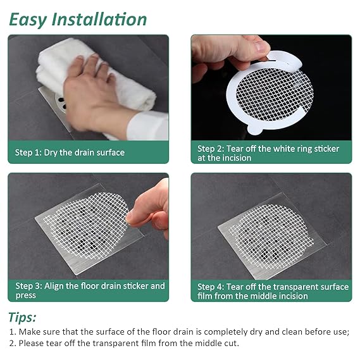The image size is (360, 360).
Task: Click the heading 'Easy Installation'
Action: click(x=78, y=20)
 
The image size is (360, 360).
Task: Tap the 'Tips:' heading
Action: click(x=22, y=318)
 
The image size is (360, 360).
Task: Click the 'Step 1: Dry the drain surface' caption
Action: click(x=70, y=152)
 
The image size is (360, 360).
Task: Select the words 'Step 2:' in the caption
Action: click(x=211, y=149)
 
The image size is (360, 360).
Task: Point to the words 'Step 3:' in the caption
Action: click(x=28, y=286)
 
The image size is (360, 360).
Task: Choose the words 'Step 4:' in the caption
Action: click(x=211, y=287)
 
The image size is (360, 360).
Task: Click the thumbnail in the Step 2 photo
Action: click(x=261, y=46)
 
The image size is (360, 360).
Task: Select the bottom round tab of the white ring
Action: click(x=255, y=129)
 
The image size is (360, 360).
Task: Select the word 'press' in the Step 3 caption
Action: click(x=26, y=295)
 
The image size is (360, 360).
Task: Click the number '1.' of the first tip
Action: click(x=13, y=332)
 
